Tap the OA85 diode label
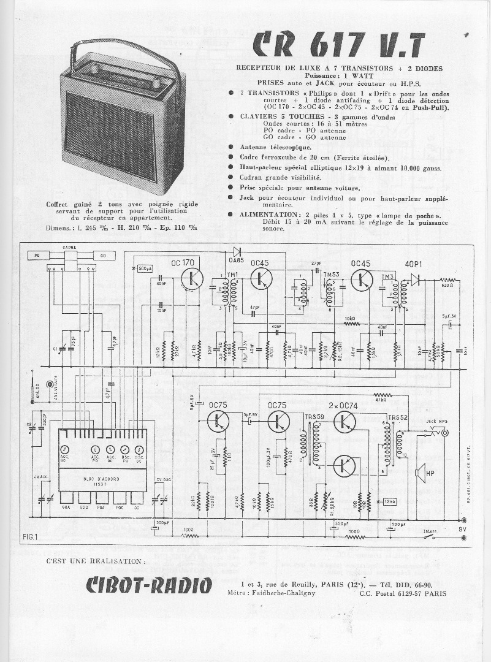click(235, 260)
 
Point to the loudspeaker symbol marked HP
click(421, 473)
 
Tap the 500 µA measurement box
click(145, 268)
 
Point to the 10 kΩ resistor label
click(350, 318)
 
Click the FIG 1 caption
click(30, 536)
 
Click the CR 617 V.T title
click(339, 45)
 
